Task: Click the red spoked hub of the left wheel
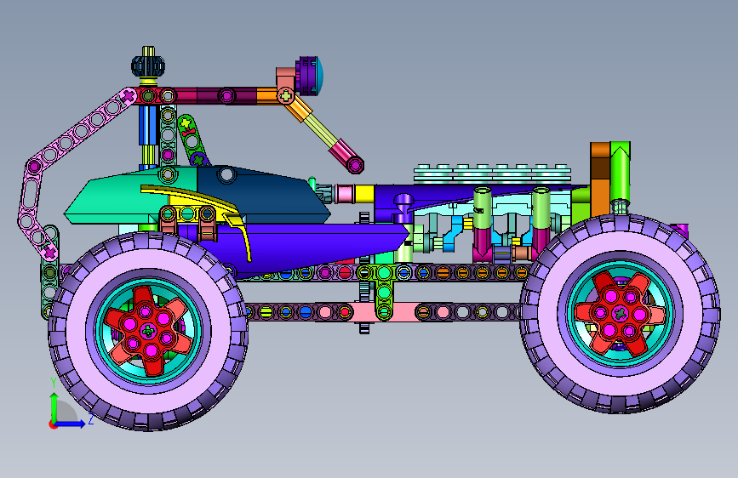(148, 331)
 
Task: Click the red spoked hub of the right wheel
(620, 313)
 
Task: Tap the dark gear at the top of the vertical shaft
(148, 66)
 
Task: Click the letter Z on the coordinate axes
(90, 418)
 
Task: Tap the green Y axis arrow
(54, 407)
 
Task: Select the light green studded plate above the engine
(492, 174)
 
